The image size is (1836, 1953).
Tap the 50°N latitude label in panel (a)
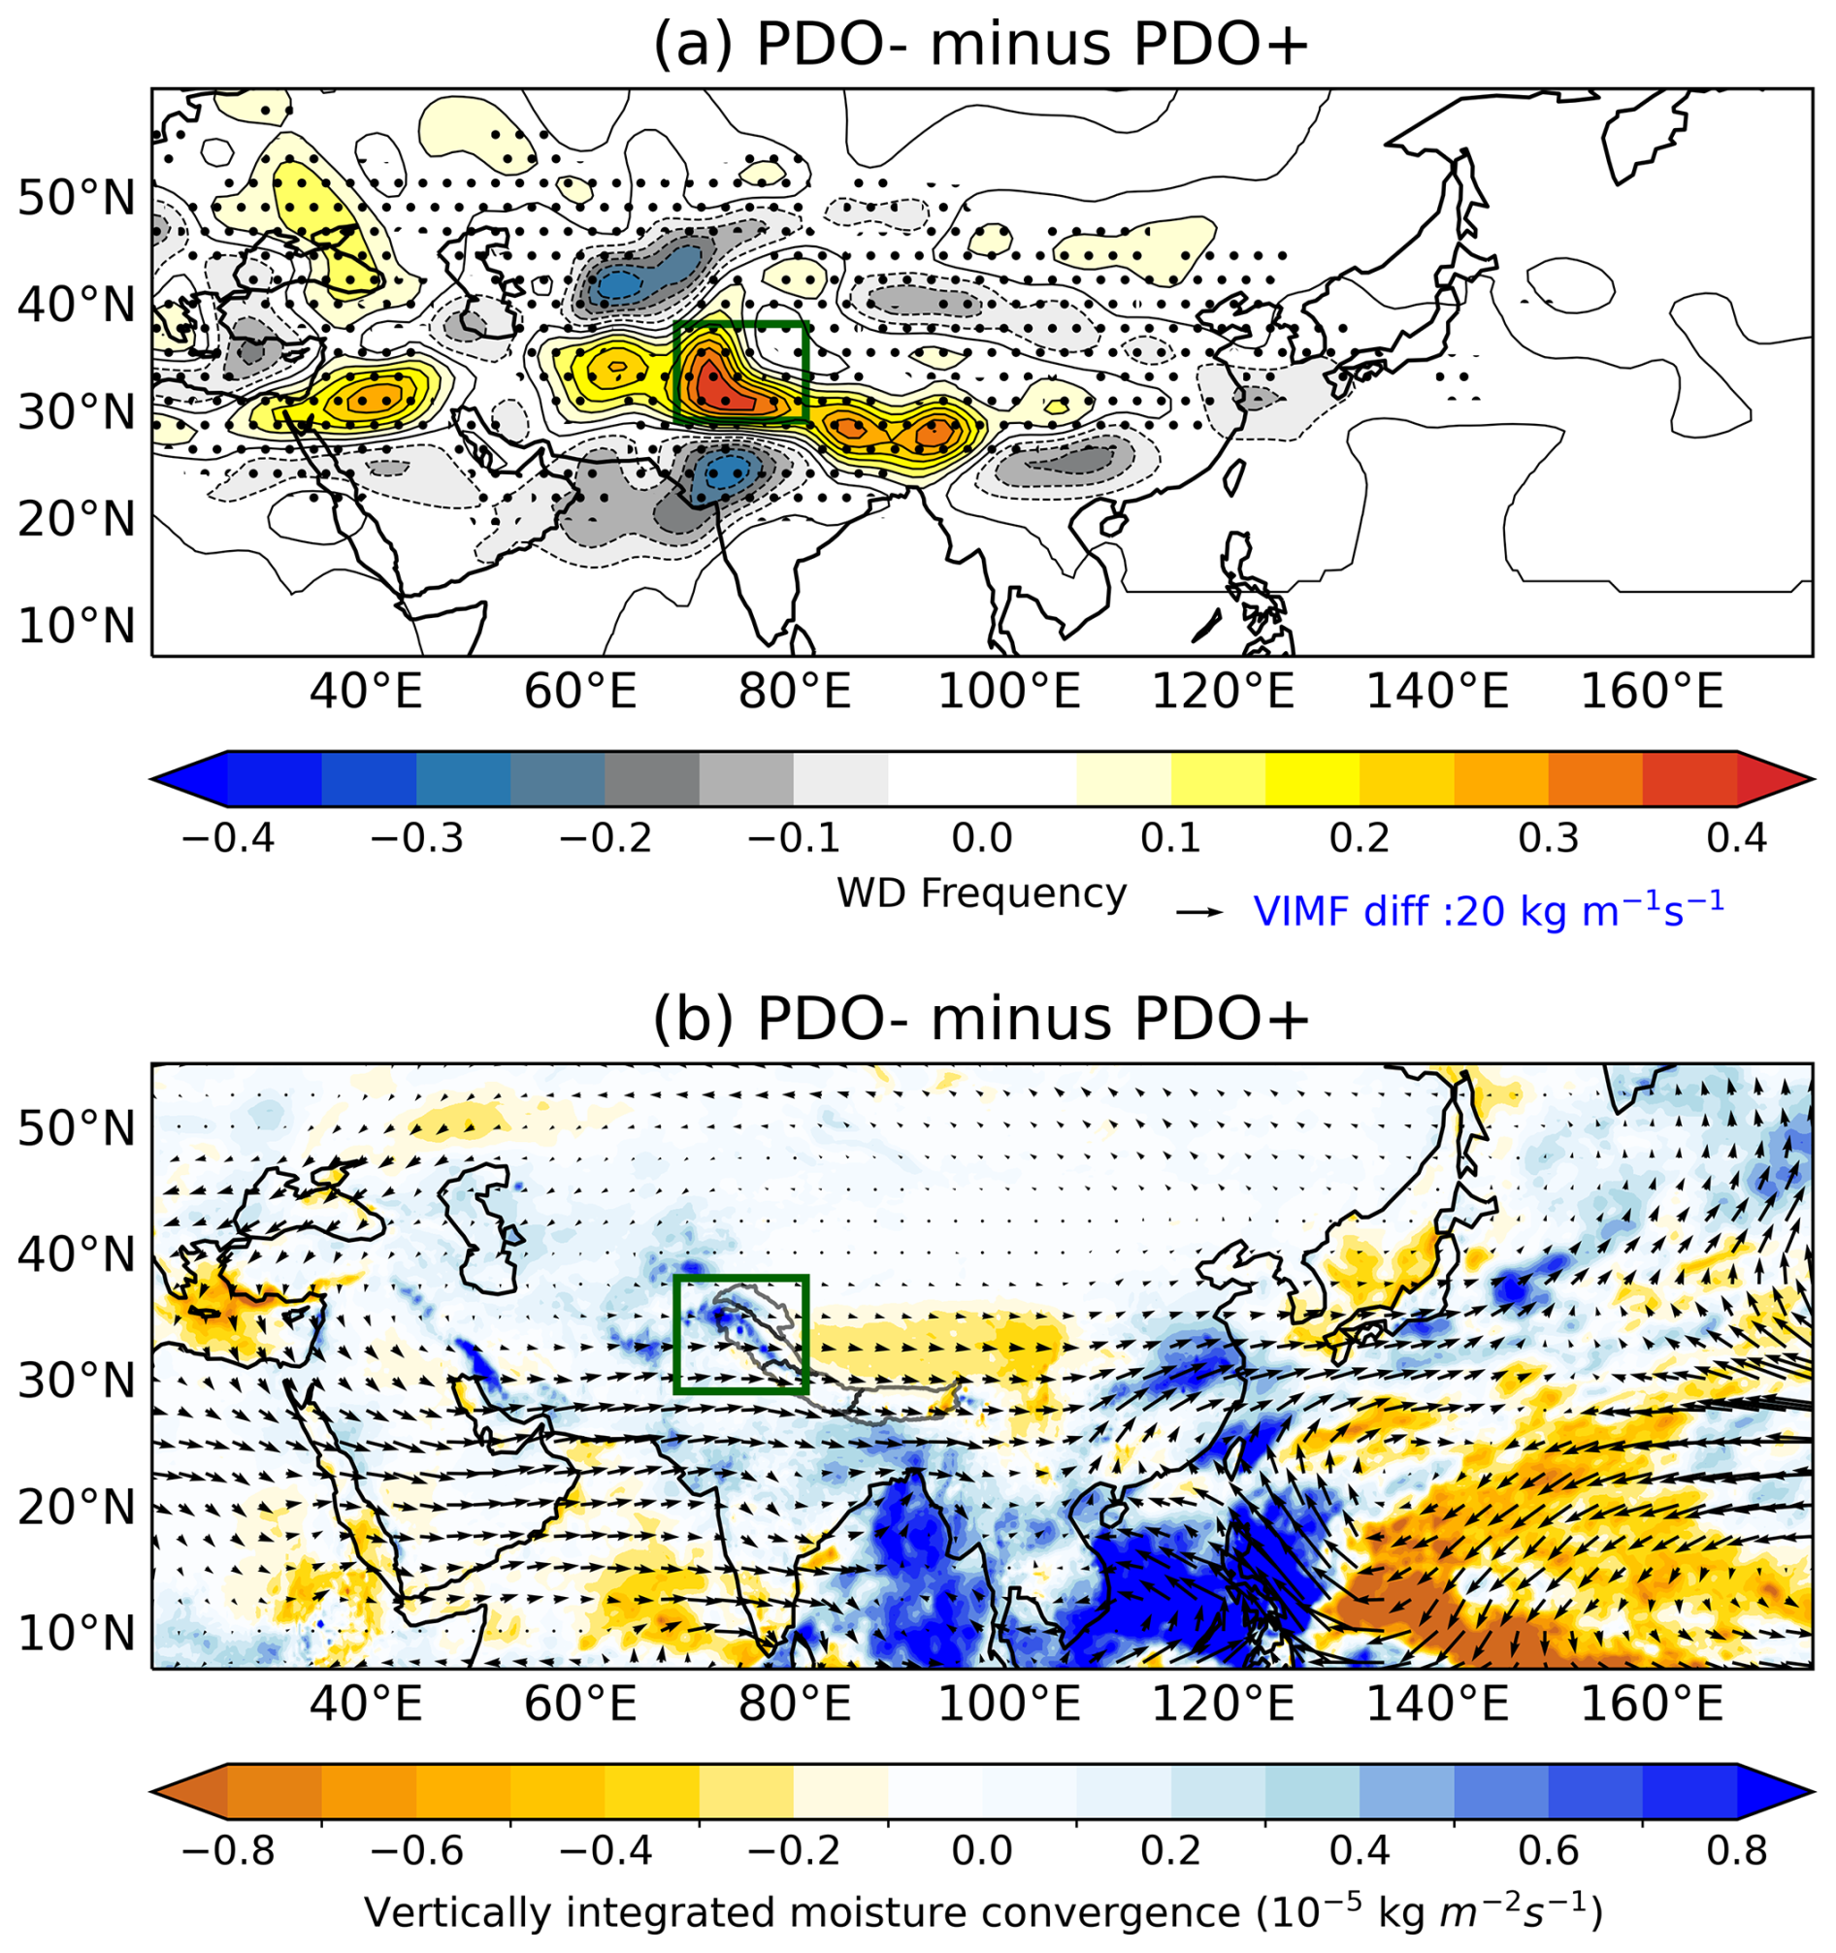pyautogui.click(x=77, y=199)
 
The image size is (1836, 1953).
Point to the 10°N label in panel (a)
pyautogui.click(x=77, y=625)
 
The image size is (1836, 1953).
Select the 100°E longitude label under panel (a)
pyautogui.click(x=1009, y=693)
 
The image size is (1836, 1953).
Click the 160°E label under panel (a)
pyautogui.click(x=1652, y=693)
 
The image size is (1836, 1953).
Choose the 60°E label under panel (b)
pyautogui.click(x=580, y=1705)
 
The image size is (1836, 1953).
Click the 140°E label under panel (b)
pyautogui.click(x=1437, y=1705)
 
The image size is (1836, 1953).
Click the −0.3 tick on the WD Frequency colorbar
pyautogui.click(x=416, y=838)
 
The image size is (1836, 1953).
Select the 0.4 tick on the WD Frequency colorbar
pyautogui.click(x=1736, y=838)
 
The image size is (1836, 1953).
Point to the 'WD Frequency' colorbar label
pyautogui.click(x=981, y=893)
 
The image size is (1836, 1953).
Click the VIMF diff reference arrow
pyautogui.click(x=1199, y=913)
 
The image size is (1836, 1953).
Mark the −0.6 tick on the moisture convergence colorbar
pyautogui.click(x=416, y=1851)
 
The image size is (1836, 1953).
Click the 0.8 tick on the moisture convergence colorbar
pyautogui.click(x=1736, y=1851)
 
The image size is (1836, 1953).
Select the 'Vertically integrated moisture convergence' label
pyautogui.click(x=982, y=1911)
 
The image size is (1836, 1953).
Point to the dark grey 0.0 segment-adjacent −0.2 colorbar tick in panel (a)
pyautogui.click(x=606, y=838)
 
